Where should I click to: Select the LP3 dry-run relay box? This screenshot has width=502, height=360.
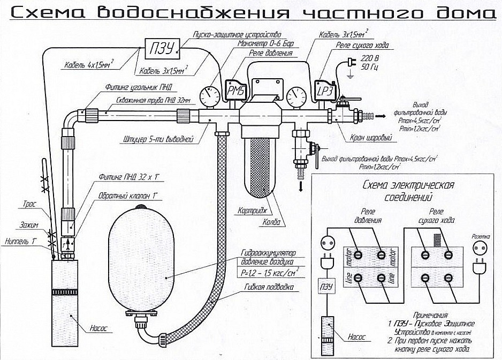(325, 91)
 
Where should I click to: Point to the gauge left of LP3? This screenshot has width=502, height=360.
(296, 97)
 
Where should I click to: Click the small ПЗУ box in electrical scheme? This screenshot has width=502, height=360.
(326, 287)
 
